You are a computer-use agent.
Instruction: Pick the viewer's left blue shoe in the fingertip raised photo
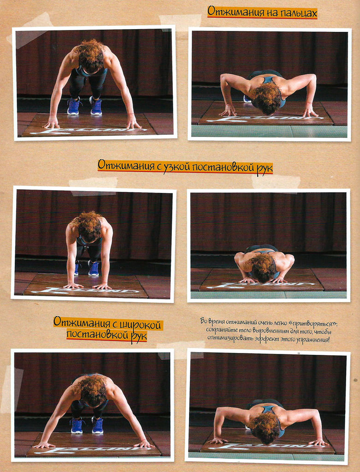pyautogui.click(x=73, y=107)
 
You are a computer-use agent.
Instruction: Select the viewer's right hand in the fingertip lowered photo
pyautogui.click(x=310, y=112)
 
